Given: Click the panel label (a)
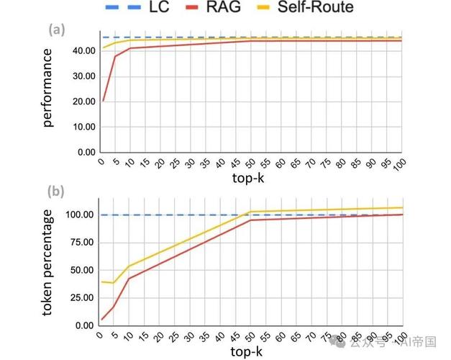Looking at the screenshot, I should point(57,30).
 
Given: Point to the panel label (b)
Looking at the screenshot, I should point(57,192).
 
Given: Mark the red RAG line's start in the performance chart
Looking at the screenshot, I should point(103,101).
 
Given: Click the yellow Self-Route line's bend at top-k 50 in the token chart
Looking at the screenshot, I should point(251,212).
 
